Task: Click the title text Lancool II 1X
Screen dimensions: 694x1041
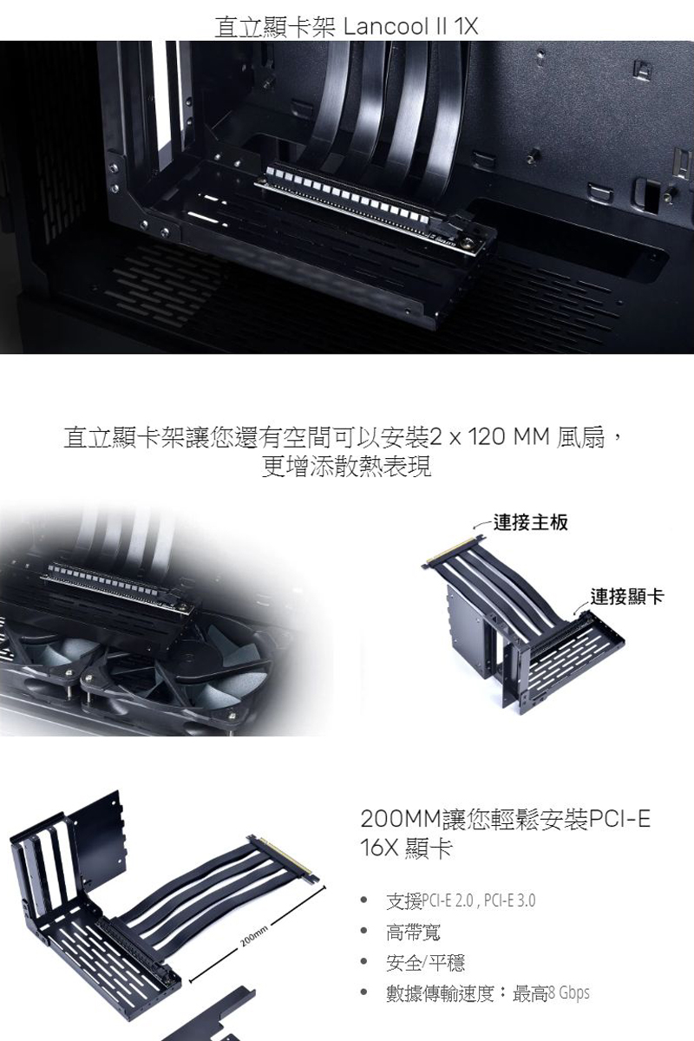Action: click(x=410, y=27)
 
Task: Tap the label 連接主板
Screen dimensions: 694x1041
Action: click(x=530, y=522)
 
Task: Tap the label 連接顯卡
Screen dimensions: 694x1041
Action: click(x=627, y=597)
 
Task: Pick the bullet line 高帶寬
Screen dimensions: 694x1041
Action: click(x=413, y=932)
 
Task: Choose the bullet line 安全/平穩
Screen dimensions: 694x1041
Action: click(x=425, y=962)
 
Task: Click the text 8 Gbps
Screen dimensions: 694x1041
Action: click(x=568, y=992)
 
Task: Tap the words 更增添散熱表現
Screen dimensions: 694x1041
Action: click(x=346, y=466)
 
